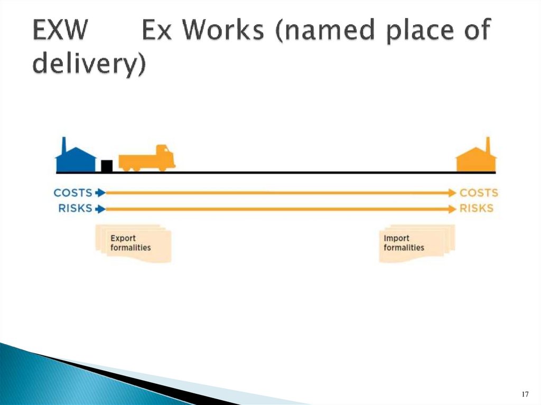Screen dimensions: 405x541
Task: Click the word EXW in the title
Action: click(59, 31)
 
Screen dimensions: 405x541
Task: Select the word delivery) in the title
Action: click(89, 65)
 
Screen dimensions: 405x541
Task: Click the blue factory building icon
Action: click(76, 158)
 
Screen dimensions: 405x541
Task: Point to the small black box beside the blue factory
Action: click(107, 166)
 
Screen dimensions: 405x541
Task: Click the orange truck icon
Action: click(147, 158)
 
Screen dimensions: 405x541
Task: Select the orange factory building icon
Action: click(477, 158)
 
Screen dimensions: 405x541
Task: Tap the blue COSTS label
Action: click(73, 193)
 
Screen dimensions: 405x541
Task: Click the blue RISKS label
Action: click(75, 209)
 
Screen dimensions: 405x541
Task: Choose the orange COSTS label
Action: click(479, 193)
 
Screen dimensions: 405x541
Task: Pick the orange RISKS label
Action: click(477, 209)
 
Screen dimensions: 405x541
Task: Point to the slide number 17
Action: click(525, 394)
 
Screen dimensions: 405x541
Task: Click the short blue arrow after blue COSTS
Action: click(100, 193)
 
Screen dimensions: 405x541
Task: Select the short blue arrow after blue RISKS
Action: click(100, 209)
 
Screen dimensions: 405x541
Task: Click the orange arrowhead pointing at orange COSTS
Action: click(452, 193)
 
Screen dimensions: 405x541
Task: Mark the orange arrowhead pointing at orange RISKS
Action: click(452, 209)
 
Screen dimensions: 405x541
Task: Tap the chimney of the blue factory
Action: click(63, 145)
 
